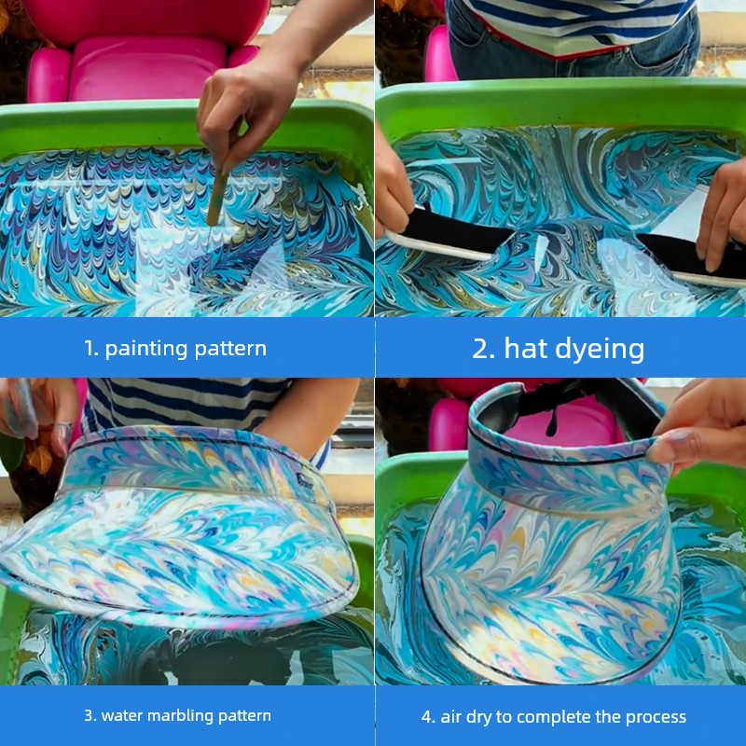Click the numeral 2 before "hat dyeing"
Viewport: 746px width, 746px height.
483,348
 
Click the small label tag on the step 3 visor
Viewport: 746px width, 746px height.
305,479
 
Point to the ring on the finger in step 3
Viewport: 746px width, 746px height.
64,428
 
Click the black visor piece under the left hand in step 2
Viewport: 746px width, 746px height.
453,231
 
